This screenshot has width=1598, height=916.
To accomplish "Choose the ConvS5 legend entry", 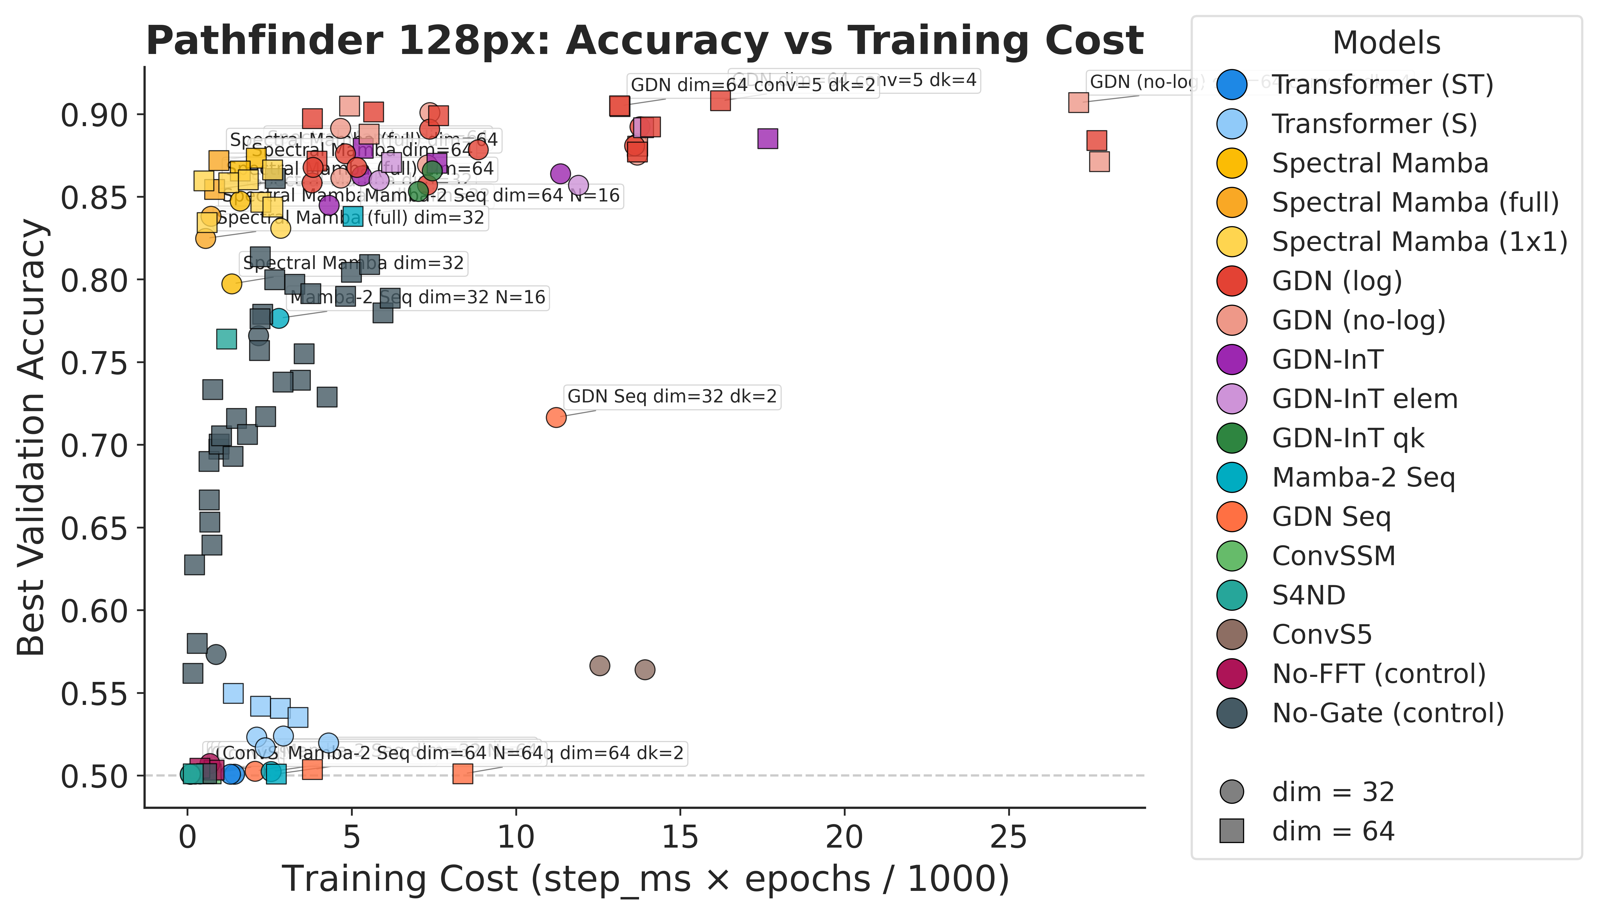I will tap(1321, 635).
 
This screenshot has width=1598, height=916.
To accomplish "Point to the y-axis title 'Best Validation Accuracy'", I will tap(32, 437).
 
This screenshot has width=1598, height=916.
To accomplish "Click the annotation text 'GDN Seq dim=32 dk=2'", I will tap(672, 397).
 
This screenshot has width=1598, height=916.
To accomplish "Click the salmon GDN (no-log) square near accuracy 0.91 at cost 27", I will tap(1078, 103).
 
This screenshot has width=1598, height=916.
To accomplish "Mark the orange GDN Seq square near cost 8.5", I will tap(463, 774).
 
